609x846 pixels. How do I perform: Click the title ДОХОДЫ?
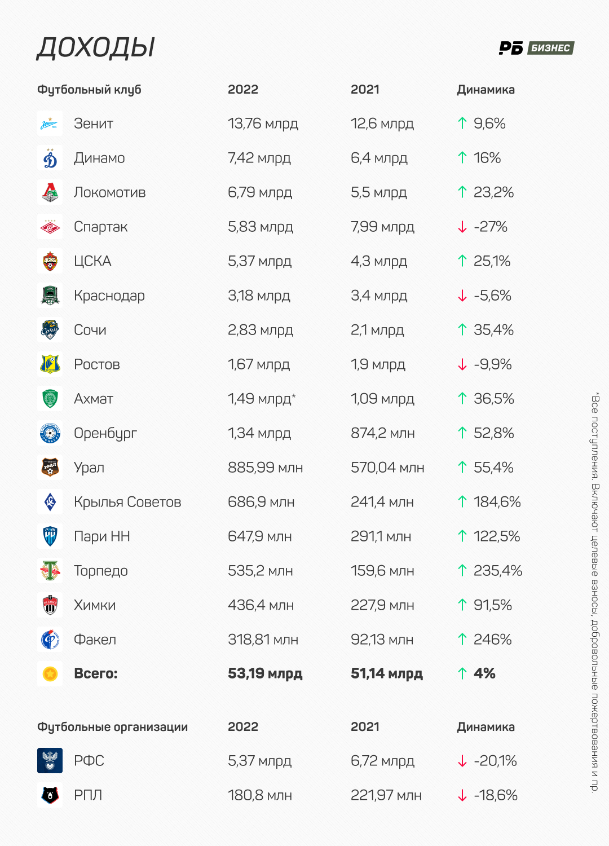(x=95, y=48)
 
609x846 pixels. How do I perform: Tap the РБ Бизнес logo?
(x=536, y=48)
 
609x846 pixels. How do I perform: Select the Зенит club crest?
(x=50, y=123)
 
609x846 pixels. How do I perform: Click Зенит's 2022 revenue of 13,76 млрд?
(x=263, y=124)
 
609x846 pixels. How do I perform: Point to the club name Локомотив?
(x=109, y=192)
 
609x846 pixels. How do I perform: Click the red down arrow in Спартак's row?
(x=462, y=227)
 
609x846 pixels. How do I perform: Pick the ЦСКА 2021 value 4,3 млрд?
(x=379, y=261)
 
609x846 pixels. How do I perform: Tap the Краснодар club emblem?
(x=50, y=296)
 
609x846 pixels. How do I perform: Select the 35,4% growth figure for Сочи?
(x=493, y=330)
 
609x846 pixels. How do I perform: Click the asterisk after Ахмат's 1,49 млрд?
(x=293, y=395)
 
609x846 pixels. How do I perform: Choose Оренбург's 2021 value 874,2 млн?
(x=382, y=433)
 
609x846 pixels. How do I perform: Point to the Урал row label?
(x=89, y=468)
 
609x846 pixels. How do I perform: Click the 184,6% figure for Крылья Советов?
(x=497, y=502)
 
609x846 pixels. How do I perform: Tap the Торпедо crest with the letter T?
(x=50, y=570)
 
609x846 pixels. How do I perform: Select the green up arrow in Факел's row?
(x=462, y=639)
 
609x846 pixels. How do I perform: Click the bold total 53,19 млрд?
(x=265, y=673)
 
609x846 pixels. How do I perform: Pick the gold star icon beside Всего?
(x=50, y=673)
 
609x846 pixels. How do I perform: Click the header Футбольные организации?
(x=112, y=726)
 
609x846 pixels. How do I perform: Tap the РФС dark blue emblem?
(x=50, y=760)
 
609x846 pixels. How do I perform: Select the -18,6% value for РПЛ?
(x=495, y=795)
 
